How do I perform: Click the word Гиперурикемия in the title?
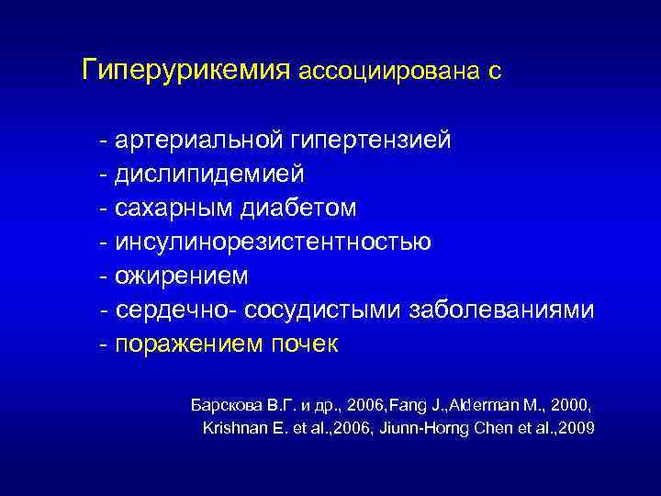coord(186,71)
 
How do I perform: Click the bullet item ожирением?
coord(182,276)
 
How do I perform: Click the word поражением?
coord(191,344)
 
